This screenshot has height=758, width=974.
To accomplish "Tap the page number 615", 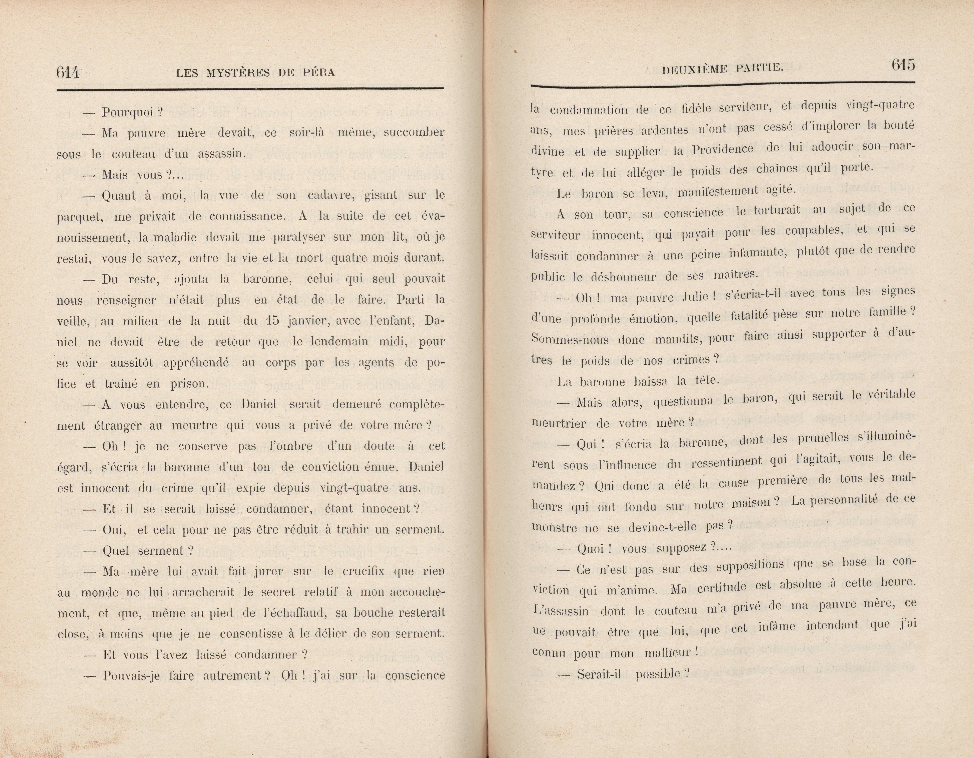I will (x=903, y=66).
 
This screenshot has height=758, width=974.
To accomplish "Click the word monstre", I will (x=555, y=527).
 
